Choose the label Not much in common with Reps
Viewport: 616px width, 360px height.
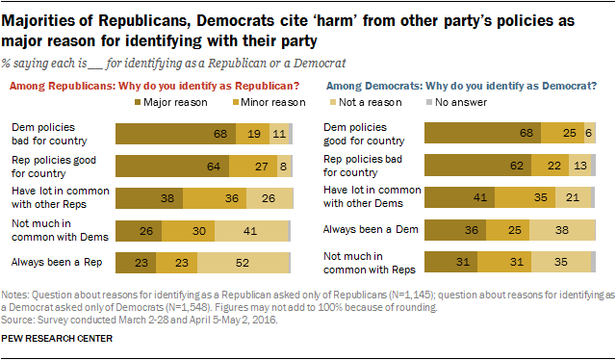359,261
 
